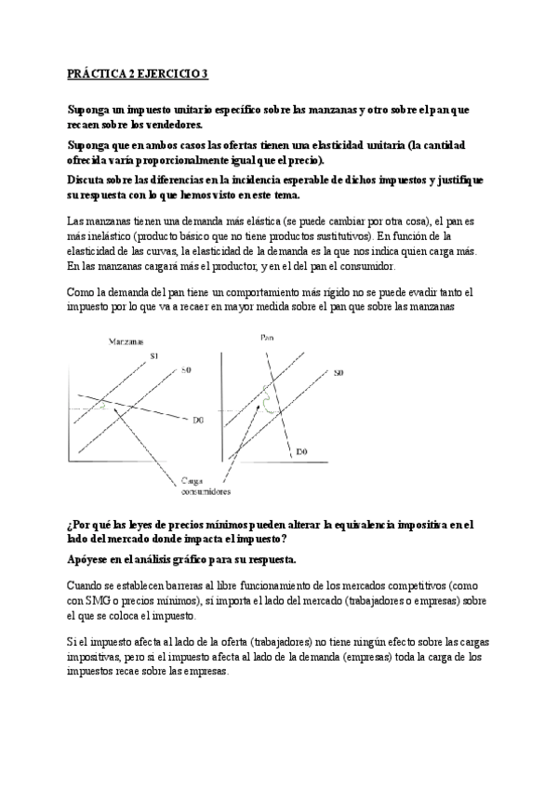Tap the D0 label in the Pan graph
click(x=301, y=451)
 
